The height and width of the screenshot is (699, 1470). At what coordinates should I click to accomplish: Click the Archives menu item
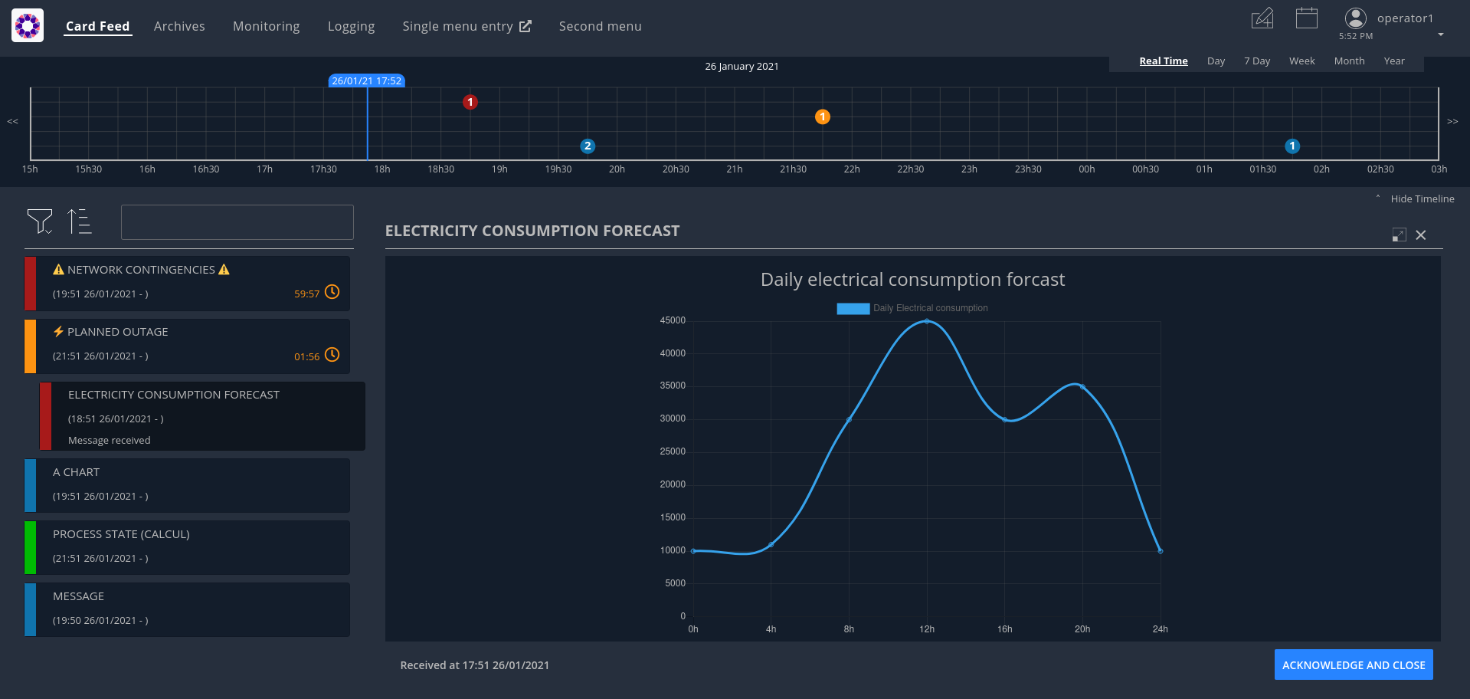click(179, 26)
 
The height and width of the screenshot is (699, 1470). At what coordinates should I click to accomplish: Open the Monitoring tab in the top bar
click(266, 26)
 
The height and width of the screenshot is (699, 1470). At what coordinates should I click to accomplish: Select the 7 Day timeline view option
click(1256, 61)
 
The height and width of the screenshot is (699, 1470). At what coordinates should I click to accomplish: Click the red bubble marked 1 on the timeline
click(470, 102)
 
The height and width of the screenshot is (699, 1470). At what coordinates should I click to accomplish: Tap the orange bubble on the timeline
click(822, 116)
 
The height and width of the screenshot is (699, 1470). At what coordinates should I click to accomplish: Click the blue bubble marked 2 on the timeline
click(588, 146)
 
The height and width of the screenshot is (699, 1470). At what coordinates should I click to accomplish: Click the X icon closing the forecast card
click(1420, 235)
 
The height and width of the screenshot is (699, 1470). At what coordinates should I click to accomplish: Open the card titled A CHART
click(187, 485)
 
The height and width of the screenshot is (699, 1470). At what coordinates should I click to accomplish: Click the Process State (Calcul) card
click(187, 547)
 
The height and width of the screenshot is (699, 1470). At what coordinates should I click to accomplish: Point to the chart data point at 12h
click(926, 321)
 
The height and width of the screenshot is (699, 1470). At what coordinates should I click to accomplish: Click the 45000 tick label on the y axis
click(673, 320)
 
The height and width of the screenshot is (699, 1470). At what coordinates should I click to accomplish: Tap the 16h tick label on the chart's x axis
click(1004, 629)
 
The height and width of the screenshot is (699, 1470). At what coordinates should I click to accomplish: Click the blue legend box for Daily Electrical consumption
click(853, 308)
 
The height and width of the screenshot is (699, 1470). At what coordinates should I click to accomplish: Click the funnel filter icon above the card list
click(39, 221)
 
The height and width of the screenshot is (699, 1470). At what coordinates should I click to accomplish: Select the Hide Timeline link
click(1422, 199)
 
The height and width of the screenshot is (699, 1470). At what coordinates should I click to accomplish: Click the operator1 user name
click(1404, 18)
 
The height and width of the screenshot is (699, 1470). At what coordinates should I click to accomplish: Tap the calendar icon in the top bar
click(1306, 18)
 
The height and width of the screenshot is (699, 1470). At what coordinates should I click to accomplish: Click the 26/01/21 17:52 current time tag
click(366, 80)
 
